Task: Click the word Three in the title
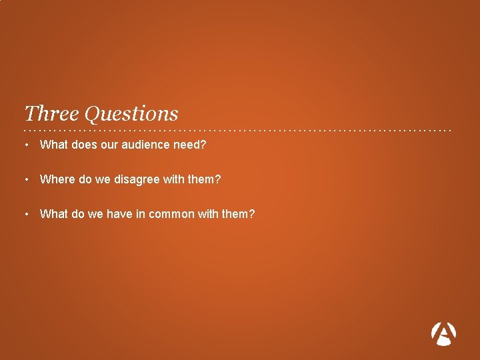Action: point(51,113)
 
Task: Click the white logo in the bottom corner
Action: point(444,333)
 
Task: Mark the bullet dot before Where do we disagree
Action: point(25,179)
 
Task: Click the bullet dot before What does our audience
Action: point(25,144)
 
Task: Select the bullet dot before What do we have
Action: point(25,214)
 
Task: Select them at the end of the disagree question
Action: point(204,179)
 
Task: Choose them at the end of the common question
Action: point(239,214)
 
